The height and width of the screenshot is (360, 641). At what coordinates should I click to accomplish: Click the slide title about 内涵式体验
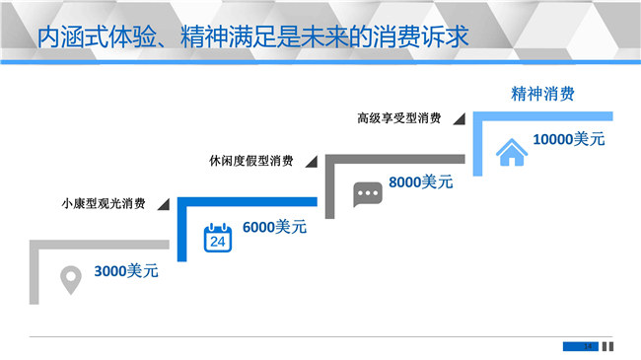252,36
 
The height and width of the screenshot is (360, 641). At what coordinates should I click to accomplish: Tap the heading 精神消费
542,94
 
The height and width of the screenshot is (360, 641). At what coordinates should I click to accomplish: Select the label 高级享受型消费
399,118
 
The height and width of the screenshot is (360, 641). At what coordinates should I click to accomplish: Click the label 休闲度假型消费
251,161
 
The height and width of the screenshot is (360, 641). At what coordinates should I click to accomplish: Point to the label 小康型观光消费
104,203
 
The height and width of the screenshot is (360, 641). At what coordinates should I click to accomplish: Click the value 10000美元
569,139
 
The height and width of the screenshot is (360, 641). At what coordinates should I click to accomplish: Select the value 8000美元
421,182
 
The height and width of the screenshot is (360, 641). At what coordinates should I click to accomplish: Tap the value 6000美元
274,227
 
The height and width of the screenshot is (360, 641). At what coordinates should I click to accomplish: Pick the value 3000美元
126,271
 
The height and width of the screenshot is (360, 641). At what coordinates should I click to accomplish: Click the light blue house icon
512,152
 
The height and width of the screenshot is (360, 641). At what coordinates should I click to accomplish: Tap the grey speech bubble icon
368,194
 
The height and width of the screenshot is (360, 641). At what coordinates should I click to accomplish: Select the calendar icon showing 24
218,238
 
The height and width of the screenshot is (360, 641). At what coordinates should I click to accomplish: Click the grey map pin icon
71,280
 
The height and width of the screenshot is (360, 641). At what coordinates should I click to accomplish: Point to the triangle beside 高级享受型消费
461,120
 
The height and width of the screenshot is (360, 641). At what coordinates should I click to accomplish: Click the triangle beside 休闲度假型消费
313,163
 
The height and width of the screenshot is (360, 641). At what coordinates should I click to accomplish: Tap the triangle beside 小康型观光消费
165,205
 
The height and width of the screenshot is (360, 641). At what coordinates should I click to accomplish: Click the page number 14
588,346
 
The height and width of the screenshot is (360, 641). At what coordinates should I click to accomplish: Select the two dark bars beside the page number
607,346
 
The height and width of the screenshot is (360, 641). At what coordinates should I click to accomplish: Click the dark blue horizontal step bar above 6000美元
248,201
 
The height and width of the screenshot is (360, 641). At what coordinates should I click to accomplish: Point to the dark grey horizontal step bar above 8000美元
394,159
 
